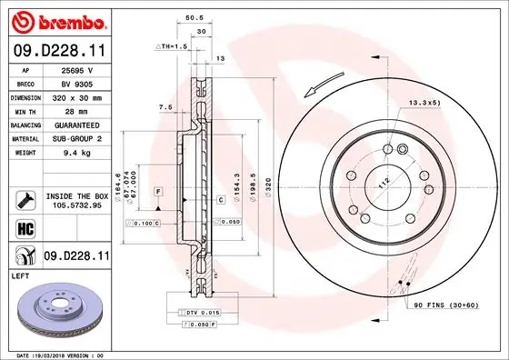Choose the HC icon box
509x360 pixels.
point(25,228)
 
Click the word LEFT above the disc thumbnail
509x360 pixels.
point(21,274)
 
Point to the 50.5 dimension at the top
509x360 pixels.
point(193,15)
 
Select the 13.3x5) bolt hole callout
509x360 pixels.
point(424,103)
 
